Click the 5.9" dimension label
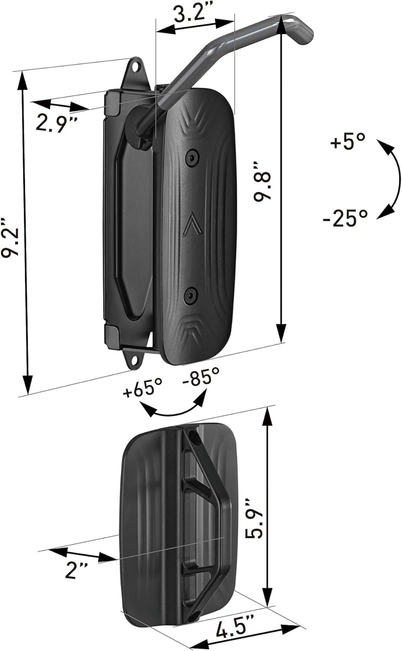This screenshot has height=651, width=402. point(253,518)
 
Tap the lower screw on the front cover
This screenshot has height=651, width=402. point(191,296)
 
